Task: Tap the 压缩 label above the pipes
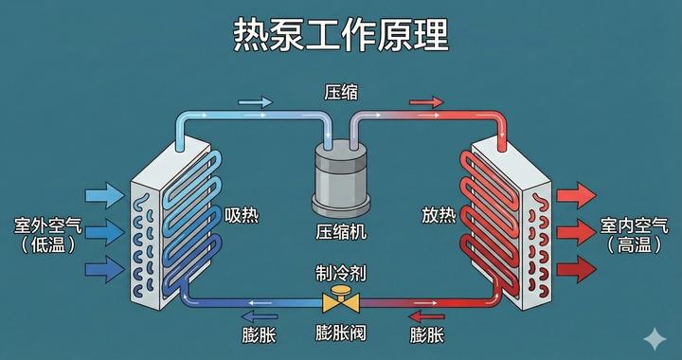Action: click(x=341, y=93)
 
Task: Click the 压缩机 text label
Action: click(x=341, y=231)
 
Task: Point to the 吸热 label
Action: click(x=242, y=215)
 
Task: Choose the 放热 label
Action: click(x=439, y=215)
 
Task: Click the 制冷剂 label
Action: click(x=341, y=273)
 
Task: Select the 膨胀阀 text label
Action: click(x=341, y=333)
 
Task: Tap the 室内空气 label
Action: click(x=634, y=227)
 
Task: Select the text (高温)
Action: click(x=634, y=245)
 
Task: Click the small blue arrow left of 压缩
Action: click(x=254, y=100)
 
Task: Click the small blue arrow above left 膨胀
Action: click(x=259, y=315)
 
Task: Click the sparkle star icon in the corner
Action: click(x=653, y=336)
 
